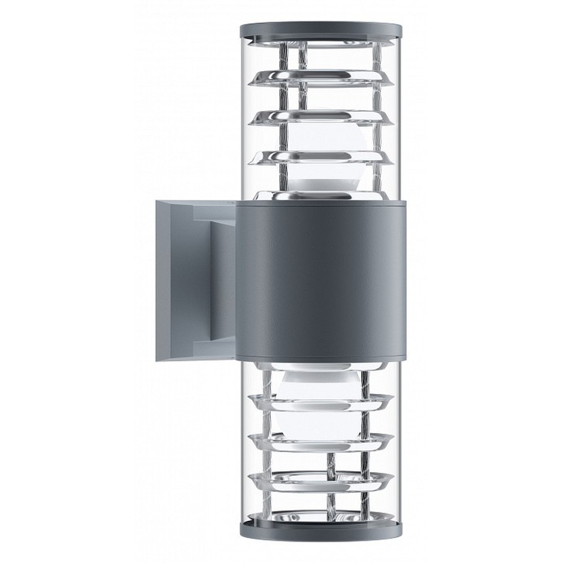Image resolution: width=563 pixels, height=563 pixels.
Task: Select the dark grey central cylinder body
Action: [321, 279]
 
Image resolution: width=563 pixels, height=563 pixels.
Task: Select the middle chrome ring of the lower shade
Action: [321, 441]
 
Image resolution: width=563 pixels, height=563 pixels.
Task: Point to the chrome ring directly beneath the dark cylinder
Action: [321, 368]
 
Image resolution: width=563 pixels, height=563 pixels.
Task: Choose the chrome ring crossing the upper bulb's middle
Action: [321, 156]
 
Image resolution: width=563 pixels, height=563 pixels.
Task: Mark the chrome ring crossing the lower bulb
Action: [321, 402]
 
